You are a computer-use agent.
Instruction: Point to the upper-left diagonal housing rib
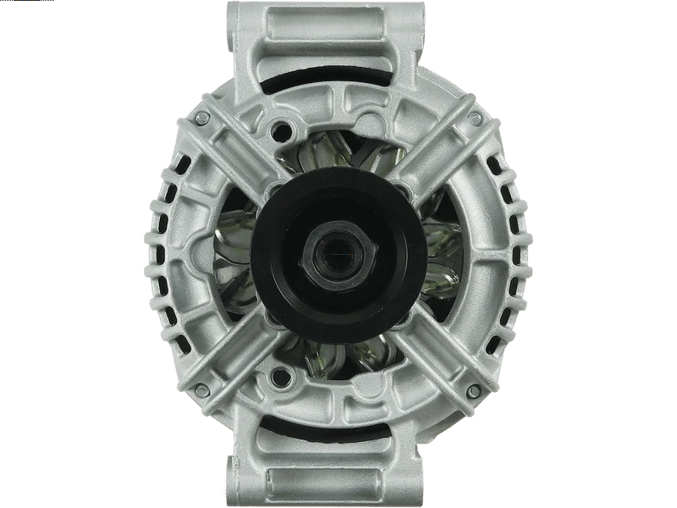[241, 157]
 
